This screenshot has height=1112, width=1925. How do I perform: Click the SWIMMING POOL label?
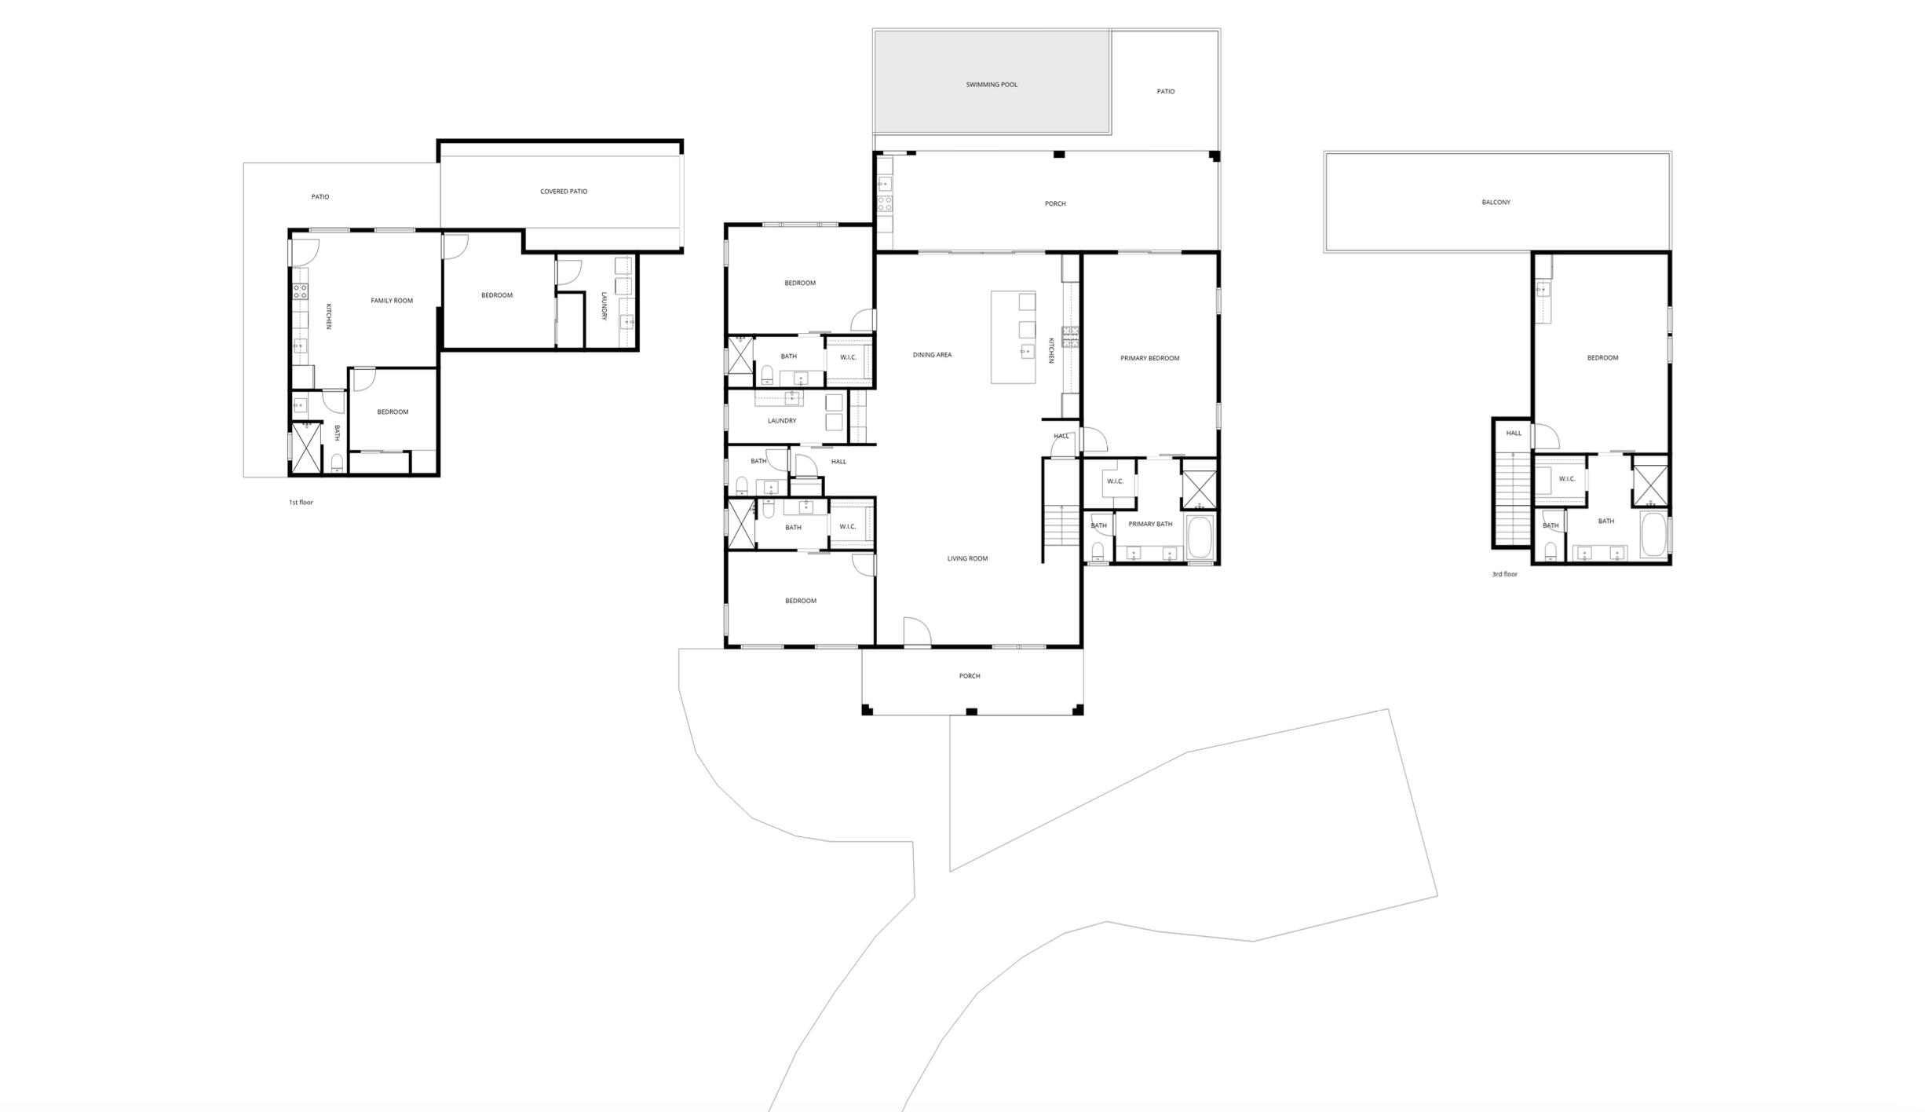992,85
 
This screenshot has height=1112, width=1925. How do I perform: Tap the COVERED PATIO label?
564,192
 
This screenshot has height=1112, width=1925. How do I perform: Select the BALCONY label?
1496,203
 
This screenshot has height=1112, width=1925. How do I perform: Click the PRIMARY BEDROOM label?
1149,359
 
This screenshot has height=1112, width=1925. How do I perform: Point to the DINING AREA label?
932,355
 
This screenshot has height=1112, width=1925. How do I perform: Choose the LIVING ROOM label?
967,559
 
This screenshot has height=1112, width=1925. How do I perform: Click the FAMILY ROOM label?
392,301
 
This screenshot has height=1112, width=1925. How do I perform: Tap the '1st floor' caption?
301,503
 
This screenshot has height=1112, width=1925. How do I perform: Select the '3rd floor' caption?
1505,575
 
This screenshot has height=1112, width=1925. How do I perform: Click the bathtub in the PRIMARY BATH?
1200,537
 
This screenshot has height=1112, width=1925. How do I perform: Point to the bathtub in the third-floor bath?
1653,534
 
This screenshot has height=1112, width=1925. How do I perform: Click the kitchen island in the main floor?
1013,338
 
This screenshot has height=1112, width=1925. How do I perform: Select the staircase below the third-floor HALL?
1512,499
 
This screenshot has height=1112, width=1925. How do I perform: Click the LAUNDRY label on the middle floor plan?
782,421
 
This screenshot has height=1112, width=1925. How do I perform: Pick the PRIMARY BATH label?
1150,525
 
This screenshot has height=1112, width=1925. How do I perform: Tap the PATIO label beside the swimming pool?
1166,92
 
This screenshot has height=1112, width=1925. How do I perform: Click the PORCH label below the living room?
970,676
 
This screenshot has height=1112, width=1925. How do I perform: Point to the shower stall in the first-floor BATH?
306,448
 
